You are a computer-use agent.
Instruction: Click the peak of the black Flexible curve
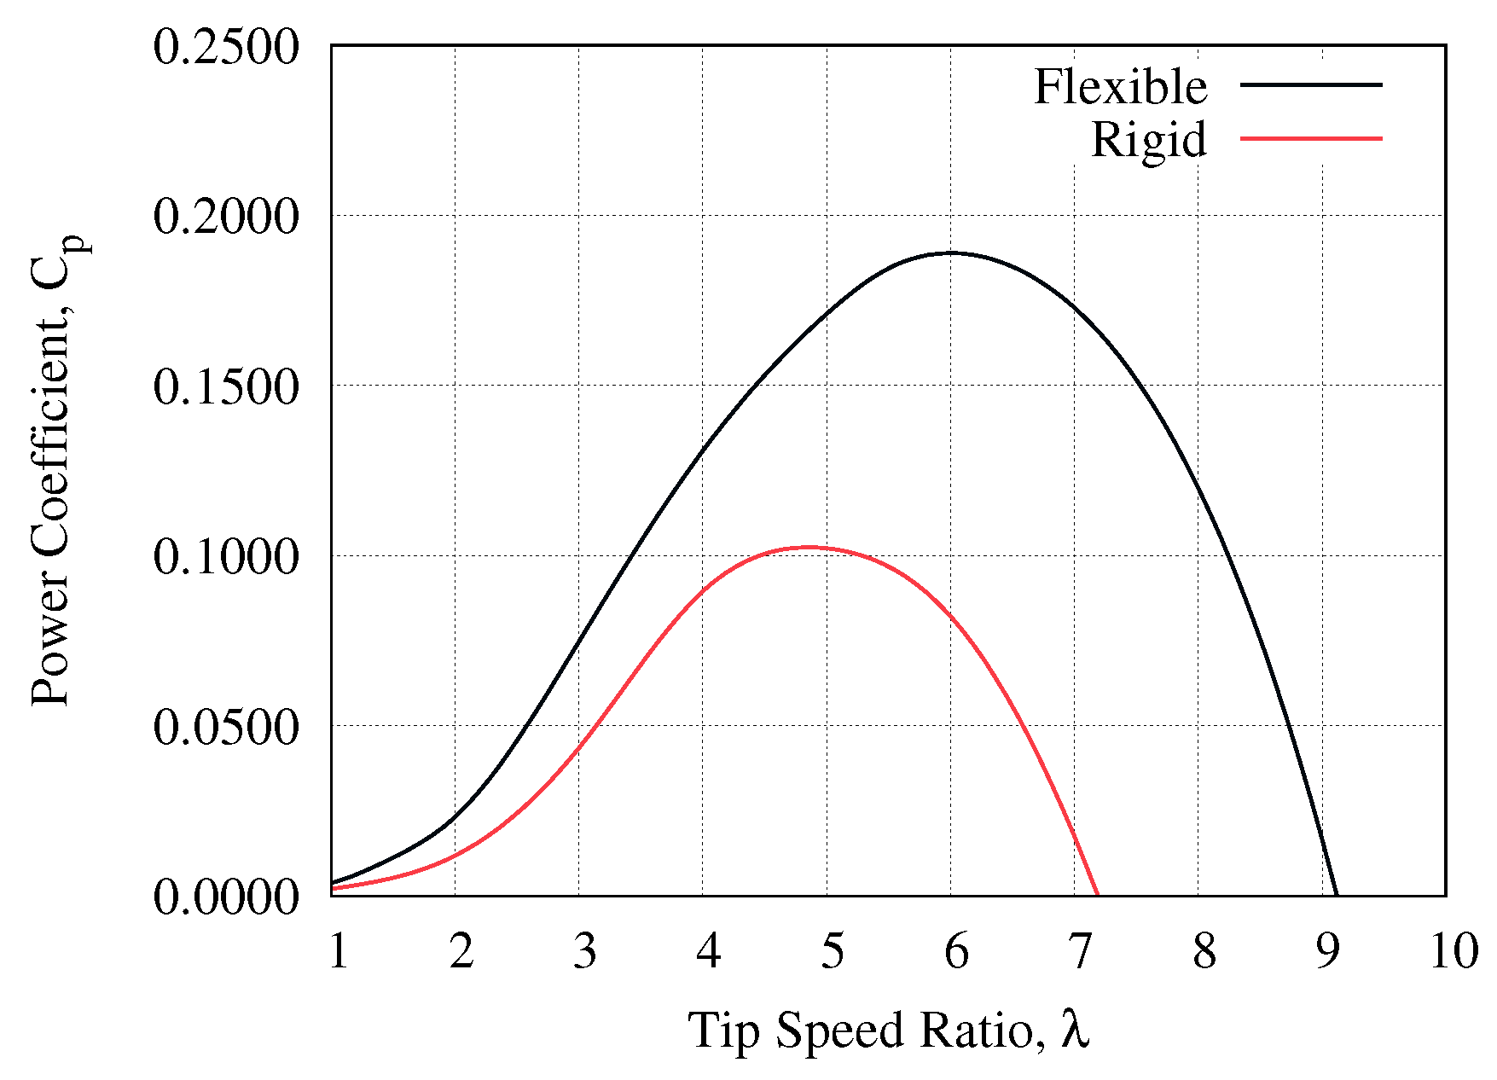point(950,253)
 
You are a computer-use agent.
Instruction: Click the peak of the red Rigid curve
point(808,547)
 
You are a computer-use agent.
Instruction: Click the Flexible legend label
point(1120,87)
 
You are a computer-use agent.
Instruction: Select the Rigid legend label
point(1149,139)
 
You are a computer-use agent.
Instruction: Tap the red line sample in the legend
point(1310,137)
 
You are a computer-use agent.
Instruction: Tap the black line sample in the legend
point(1310,84)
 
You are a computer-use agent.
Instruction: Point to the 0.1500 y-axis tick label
point(226,386)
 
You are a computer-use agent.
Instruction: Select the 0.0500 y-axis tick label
point(226,727)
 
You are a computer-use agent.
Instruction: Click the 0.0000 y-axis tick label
point(226,897)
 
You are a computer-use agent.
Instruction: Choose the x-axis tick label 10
point(1453,950)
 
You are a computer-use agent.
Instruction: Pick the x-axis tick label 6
point(956,950)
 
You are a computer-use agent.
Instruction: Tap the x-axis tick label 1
point(339,950)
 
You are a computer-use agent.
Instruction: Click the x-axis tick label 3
point(584,950)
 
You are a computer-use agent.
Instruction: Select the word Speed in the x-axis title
point(839,1032)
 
